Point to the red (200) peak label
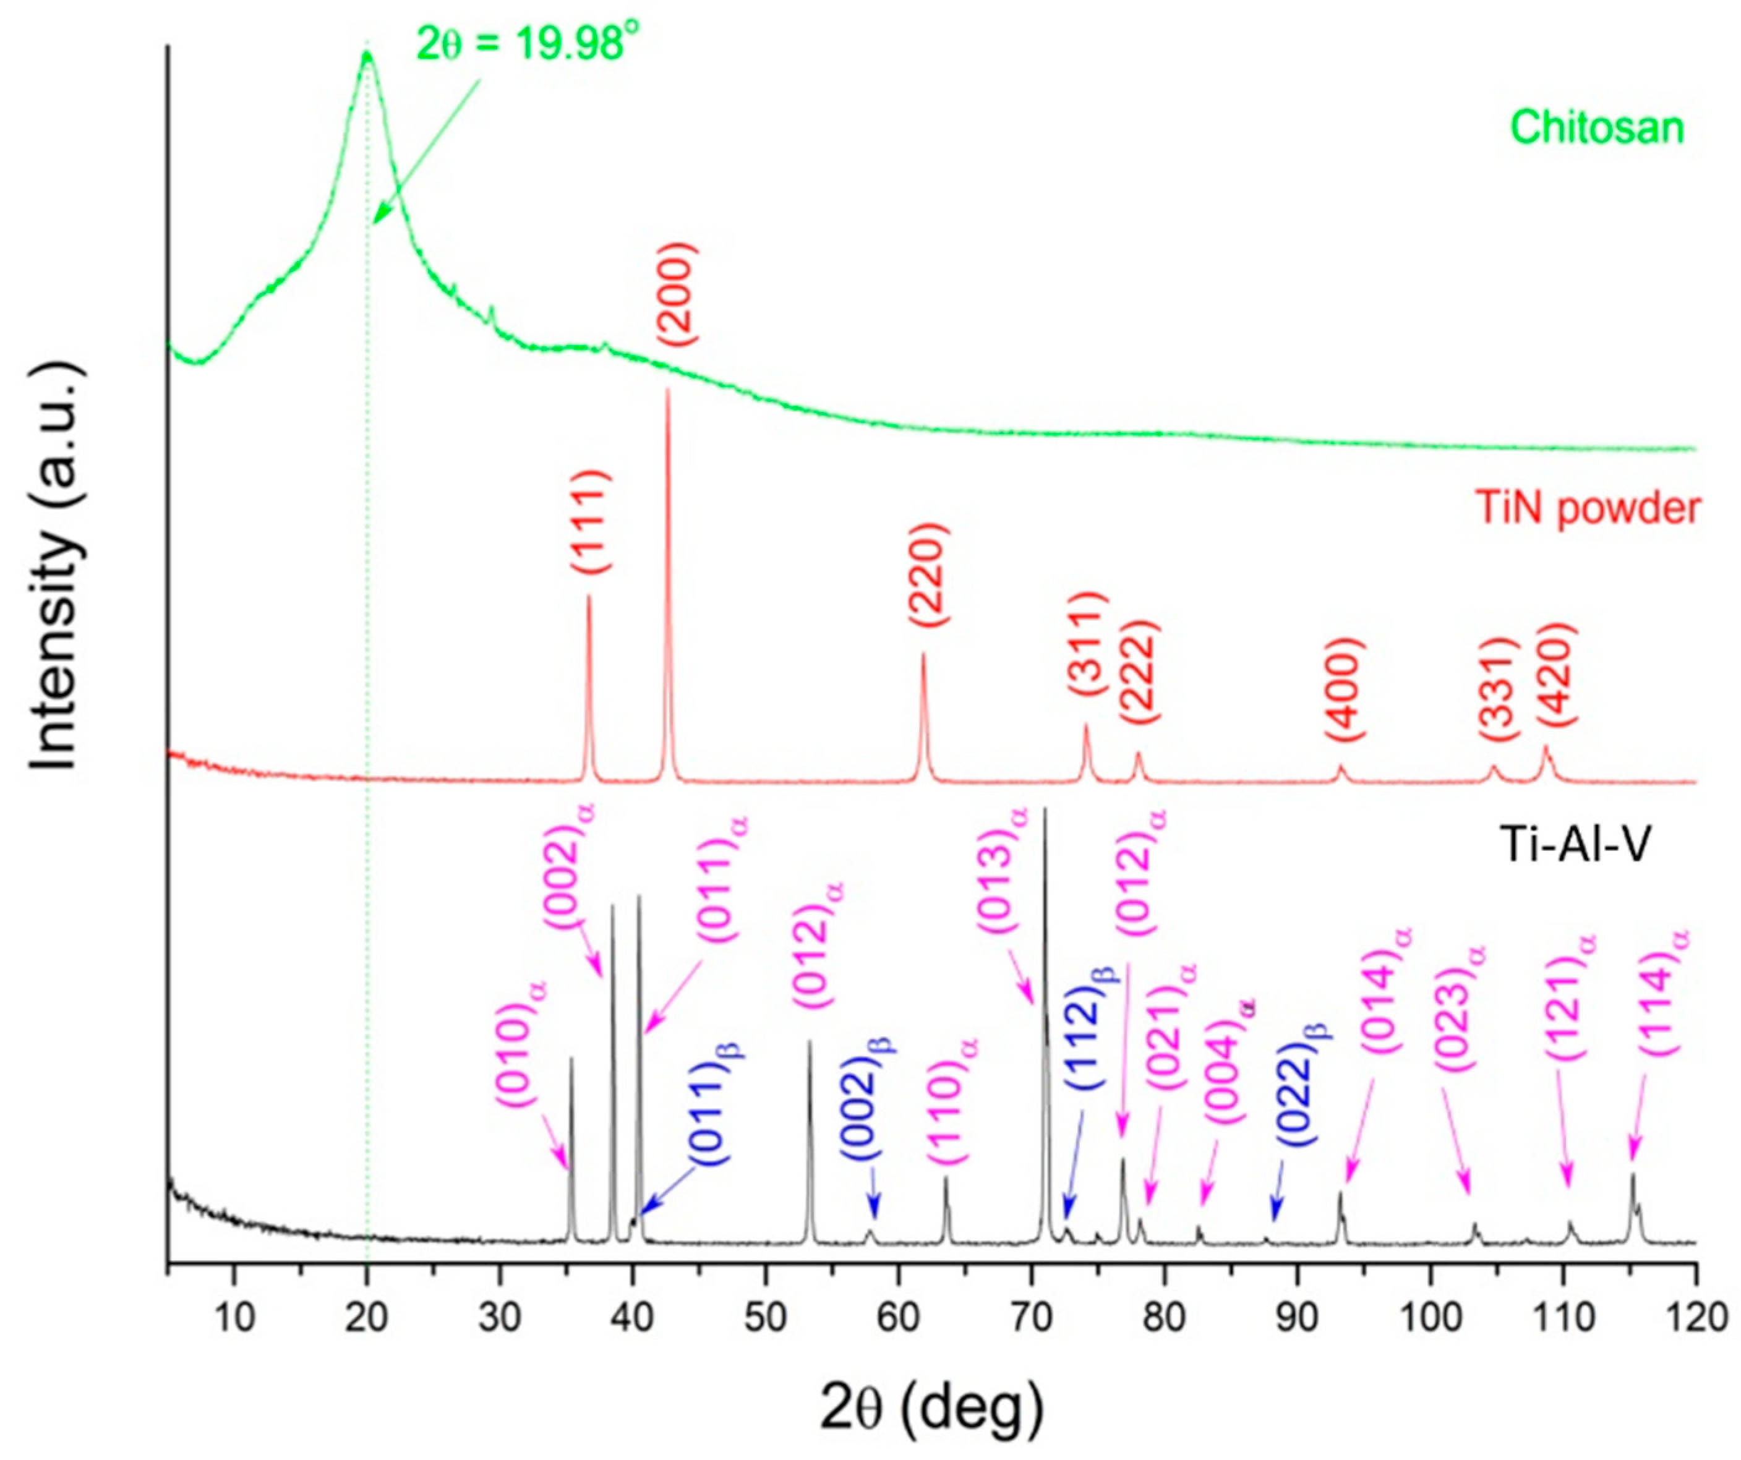coord(678,292)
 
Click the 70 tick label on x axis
coord(1032,1317)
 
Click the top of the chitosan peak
coord(366,54)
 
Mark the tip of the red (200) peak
coord(667,390)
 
